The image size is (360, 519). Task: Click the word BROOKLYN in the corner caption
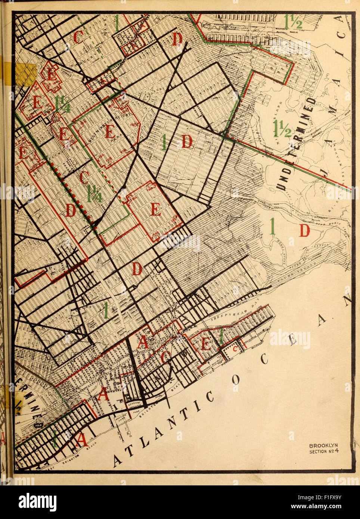tap(323, 445)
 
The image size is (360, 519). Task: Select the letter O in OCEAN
tap(235, 379)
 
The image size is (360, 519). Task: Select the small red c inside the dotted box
tap(235, 349)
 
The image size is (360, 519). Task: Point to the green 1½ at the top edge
tap(293, 22)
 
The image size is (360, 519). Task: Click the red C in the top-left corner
tap(79, 37)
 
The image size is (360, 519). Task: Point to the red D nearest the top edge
tap(177, 38)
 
